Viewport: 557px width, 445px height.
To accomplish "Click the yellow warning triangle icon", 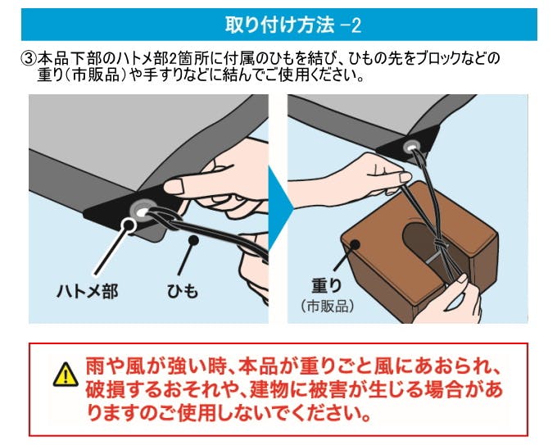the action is (x=66, y=375).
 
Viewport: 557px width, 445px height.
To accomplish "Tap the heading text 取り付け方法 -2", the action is (x=293, y=25).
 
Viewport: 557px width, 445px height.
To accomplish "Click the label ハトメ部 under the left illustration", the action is (x=88, y=291).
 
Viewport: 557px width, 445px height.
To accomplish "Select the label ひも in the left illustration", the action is (x=183, y=291).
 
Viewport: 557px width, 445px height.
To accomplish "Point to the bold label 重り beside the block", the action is (x=327, y=285).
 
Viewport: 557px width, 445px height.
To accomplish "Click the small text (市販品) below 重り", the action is (x=327, y=306).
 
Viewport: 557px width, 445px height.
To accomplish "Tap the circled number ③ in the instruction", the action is (x=29, y=58).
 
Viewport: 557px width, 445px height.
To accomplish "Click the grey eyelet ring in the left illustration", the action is (x=141, y=212).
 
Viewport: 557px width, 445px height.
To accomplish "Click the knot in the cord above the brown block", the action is (x=440, y=244).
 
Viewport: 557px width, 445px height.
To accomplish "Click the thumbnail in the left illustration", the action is (x=174, y=186).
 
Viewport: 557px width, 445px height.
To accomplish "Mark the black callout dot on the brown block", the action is (x=355, y=244).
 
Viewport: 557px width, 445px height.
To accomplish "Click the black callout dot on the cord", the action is (x=193, y=241).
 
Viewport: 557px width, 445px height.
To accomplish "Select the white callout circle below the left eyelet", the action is (x=128, y=225).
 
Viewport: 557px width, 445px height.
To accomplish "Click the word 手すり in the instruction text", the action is (x=160, y=75).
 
